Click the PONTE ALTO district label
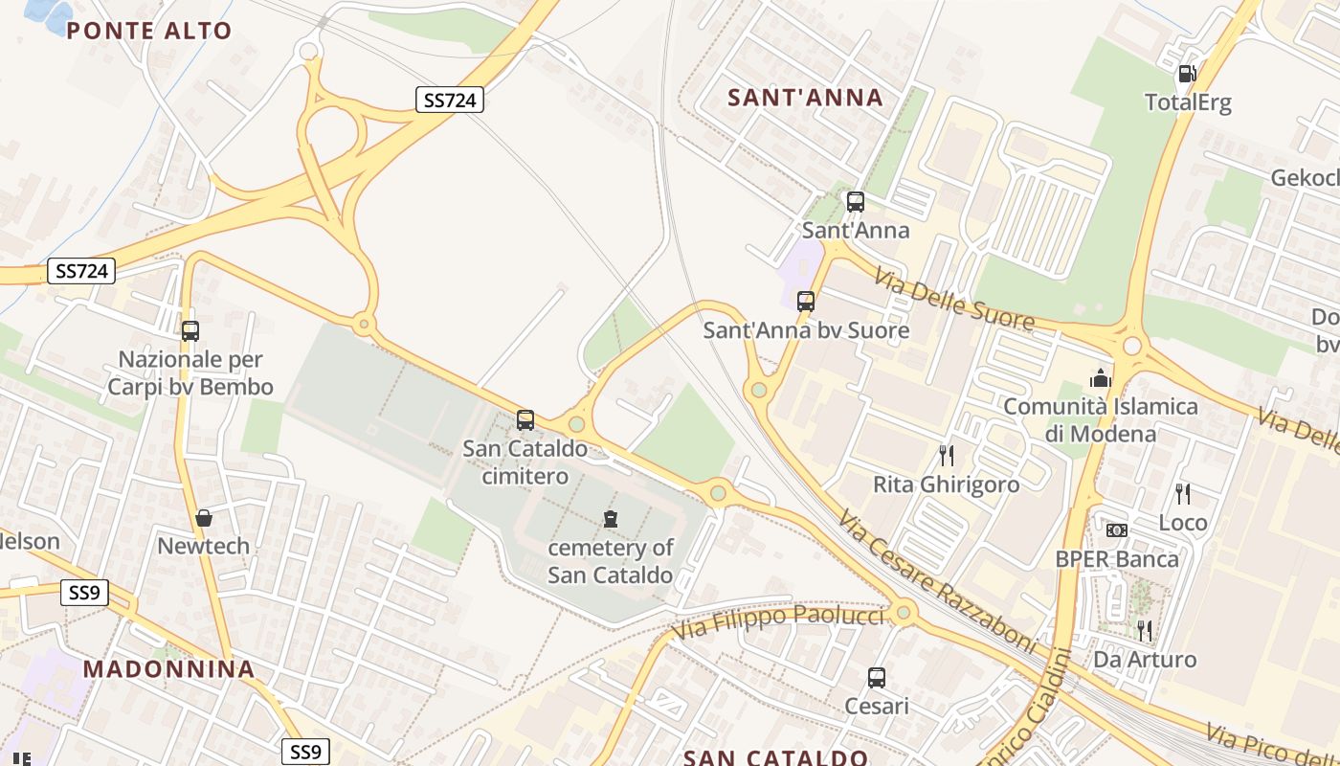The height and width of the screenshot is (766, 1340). [x=149, y=31]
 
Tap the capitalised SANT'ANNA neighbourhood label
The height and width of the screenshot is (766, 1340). [x=805, y=98]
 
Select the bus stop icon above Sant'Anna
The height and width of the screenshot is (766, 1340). [x=856, y=202]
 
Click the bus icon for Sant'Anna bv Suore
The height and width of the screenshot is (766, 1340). [x=806, y=302]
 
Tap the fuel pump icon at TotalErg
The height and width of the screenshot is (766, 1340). [x=1187, y=73]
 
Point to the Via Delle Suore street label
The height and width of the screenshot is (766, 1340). [x=953, y=300]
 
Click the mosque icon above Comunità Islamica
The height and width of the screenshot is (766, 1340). [x=1100, y=378]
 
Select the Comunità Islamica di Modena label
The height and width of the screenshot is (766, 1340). [x=1100, y=419]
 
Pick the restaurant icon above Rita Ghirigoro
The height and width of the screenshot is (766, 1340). [x=946, y=455]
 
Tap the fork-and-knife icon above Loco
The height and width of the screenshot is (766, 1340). [x=1183, y=493]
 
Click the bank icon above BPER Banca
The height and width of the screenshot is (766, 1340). [x=1116, y=530]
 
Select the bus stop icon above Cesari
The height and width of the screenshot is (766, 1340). [x=876, y=678]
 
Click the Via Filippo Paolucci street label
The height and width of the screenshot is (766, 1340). [x=777, y=624]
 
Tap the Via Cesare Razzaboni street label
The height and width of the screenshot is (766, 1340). [x=937, y=580]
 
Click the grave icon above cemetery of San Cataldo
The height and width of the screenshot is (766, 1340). [x=611, y=520]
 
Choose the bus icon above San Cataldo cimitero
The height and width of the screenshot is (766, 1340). [x=525, y=419]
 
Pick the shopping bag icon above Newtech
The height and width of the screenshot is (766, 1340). [x=204, y=518]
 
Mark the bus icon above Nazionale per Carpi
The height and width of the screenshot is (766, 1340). [x=190, y=331]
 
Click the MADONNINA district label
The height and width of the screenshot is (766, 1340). [x=169, y=668]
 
